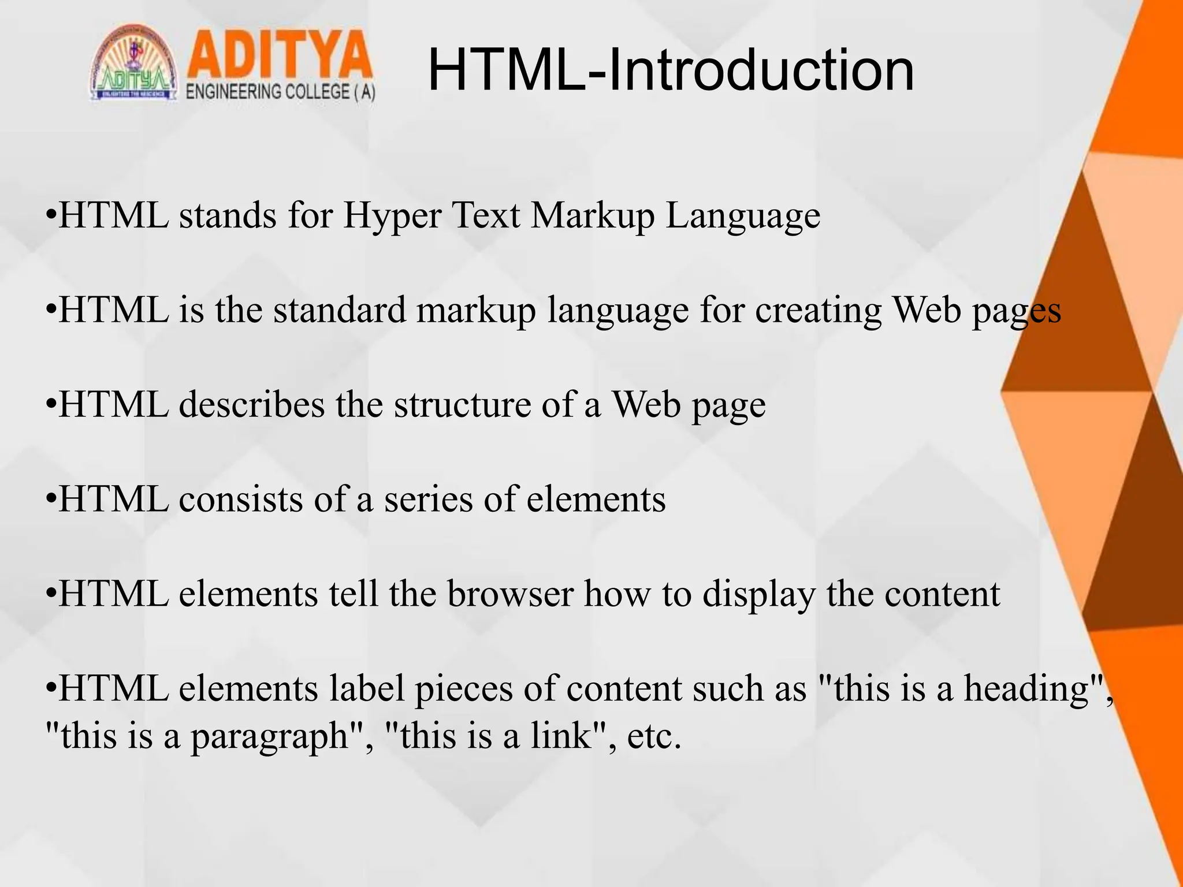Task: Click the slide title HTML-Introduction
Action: tap(671, 70)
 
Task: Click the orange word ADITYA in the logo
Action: tap(280, 56)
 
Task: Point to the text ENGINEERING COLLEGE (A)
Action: tap(281, 92)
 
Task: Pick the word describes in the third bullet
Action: tap(252, 404)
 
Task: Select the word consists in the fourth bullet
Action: tap(241, 499)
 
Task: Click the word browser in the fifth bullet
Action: tap(511, 594)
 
